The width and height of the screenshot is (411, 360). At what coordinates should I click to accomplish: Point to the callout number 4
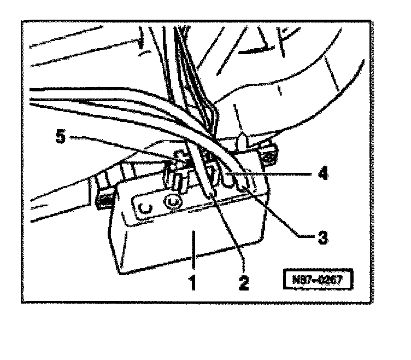click(x=323, y=175)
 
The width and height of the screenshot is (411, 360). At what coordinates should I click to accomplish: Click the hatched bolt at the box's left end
click(x=103, y=200)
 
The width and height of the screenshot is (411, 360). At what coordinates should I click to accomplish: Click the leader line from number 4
click(x=284, y=175)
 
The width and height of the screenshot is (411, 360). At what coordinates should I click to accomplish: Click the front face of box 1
click(x=186, y=241)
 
